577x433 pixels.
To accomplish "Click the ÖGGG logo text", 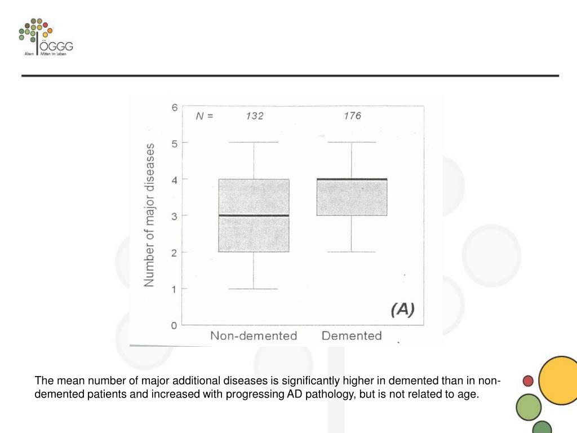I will click(56, 46).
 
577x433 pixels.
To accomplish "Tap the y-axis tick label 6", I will click(175, 107).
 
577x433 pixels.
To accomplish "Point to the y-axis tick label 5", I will click(175, 143).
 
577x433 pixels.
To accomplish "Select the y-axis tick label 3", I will click(175, 216).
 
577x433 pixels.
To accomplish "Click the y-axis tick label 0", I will click(175, 325).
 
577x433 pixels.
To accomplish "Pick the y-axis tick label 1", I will click(175, 289).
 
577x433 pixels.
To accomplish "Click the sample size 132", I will click(254, 116).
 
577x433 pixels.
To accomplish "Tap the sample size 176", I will click(352, 116).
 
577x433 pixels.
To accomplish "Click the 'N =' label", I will click(205, 117).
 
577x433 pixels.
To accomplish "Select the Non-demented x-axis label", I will click(254, 336).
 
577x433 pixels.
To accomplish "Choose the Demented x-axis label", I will click(352, 336).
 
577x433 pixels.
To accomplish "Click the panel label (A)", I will click(402, 309).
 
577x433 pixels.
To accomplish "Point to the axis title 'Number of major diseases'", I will click(150, 215).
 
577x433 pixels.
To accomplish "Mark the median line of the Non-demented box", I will click(254, 215).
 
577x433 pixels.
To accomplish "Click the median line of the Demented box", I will click(352, 179).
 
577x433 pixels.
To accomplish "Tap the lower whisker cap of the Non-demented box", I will click(254, 289).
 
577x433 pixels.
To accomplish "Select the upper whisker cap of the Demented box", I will click(352, 143).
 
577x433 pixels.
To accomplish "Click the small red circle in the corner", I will click(528, 381).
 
